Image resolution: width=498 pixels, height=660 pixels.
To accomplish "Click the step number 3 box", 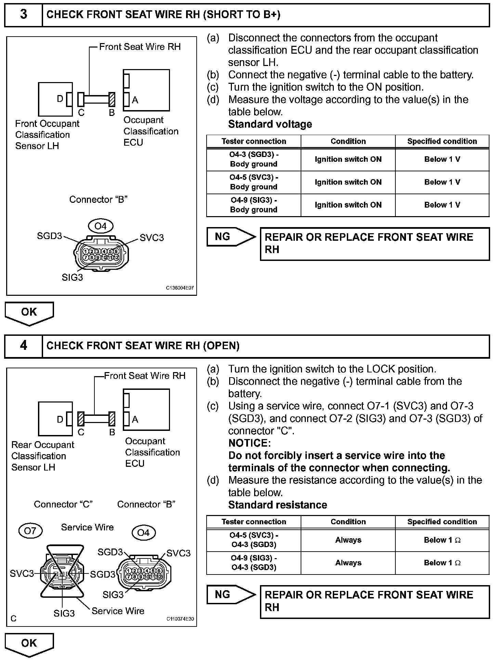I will click(x=23, y=14).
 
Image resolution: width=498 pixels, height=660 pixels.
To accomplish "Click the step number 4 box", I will click(x=23, y=346).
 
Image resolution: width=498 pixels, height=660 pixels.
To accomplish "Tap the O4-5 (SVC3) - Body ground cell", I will click(x=253, y=182).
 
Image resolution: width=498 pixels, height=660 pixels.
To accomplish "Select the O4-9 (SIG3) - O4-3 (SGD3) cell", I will click(x=253, y=563).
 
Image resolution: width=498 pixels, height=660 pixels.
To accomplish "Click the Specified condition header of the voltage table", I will click(x=442, y=141).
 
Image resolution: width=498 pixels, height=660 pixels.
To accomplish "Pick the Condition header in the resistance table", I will click(x=348, y=522).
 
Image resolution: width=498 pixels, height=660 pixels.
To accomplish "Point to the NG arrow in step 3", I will click(x=231, y=237).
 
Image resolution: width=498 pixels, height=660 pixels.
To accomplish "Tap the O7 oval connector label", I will click(x=30, y=531).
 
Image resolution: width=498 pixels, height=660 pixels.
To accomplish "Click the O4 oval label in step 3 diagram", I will click(x=101, y=226).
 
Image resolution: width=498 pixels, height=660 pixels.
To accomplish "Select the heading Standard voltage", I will click(x=270, y=124).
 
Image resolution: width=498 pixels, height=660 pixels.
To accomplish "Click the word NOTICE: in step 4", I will click(x=250, y=443).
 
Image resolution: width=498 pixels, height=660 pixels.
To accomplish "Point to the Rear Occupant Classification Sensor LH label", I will click(x=42, y=456).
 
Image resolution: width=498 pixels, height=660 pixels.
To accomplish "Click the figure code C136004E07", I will click(x=180, y=288).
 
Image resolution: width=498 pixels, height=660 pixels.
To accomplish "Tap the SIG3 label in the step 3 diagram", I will click(x=72, y=277).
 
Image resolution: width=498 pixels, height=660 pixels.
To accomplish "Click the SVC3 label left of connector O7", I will click(x=22, y=573).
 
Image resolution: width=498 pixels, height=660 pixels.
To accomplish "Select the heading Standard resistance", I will click(x=277, y=505).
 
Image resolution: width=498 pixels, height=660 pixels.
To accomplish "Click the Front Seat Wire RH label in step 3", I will click(x=140, y=47).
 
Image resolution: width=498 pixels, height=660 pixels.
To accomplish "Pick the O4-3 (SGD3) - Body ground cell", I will click(x=253, y=159).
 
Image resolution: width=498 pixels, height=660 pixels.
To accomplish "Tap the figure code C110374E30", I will click(x=180, y=619).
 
